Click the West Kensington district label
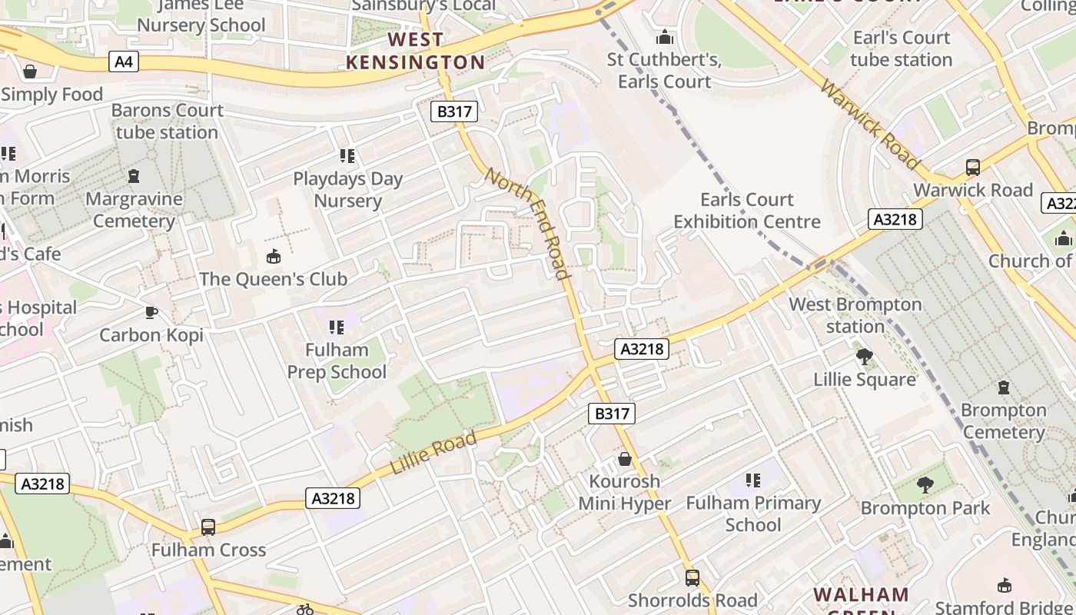[415, 51]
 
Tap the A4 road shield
[124, 61]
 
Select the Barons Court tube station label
[167, 121]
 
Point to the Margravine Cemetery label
[134, 210]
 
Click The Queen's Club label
[274, 279]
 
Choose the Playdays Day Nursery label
[347, 190]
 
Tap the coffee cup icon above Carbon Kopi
[151, 312]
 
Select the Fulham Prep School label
[337, 361]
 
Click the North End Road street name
[528, 223]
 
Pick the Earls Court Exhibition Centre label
[747, 211]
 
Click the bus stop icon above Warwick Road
[972, 168]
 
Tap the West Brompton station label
[855, 315]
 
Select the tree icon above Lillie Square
[865, 357]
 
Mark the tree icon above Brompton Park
[925, 485]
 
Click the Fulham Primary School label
[753, 514]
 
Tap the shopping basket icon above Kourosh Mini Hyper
[625, 459]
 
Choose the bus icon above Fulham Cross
[208, 527]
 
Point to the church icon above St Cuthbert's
[665, 37]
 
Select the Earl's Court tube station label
[901, 48]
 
